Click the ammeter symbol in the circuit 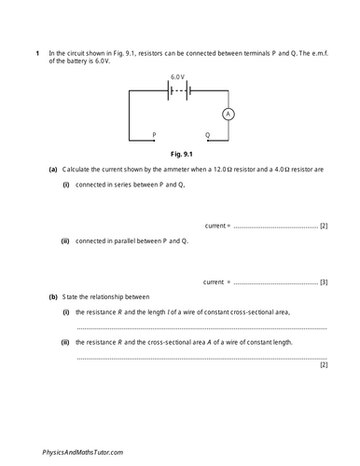pos(227,115)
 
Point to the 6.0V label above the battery pos(178,76)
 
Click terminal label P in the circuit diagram pos(155,136)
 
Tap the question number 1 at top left pos(37,53)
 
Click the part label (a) pos(52,171)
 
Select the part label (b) pos(52,296)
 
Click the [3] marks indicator pos(323,281)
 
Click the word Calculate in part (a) pos(77,171)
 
